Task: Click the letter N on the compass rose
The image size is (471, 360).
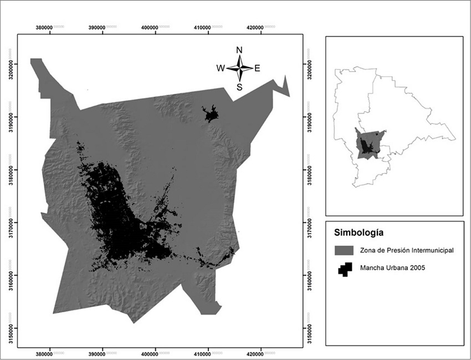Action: click(239, 50)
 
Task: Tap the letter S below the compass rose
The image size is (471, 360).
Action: click(239, 87)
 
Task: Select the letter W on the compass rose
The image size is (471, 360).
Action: click(221, 68)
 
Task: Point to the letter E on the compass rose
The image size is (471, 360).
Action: click(257, 68)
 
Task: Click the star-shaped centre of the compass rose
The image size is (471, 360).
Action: click(239, 68)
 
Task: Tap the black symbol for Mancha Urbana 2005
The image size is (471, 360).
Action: click(345, 269)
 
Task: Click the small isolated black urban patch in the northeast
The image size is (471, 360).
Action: click(211, 115)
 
